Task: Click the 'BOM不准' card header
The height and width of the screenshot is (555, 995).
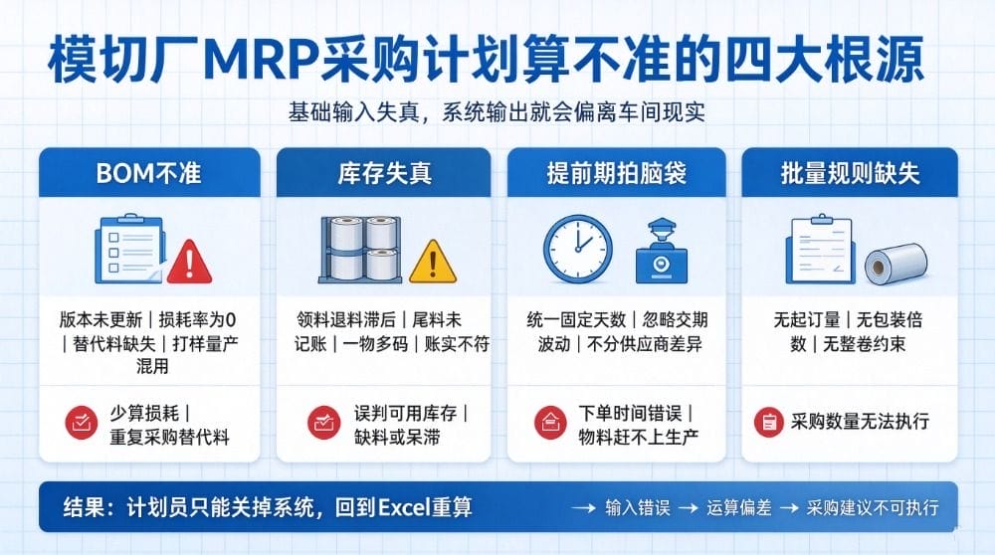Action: pos(149,172)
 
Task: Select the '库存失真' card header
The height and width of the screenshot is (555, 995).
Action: pos(383,172)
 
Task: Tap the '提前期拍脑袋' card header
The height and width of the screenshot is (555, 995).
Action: pos(616,172)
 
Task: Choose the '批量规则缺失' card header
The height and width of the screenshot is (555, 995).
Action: pos(850,172)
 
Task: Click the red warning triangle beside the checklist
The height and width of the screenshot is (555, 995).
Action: pos(189,263)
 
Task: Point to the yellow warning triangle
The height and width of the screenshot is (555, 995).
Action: pos(433,262)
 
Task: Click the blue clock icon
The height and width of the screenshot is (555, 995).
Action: pos(578,249)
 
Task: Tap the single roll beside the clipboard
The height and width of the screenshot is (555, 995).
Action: pos(895,263)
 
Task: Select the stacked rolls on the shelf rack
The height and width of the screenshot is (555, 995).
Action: pos(360,250)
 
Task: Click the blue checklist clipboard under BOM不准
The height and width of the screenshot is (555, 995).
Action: pos(129,249)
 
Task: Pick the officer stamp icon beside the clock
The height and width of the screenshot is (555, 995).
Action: pos(662,252)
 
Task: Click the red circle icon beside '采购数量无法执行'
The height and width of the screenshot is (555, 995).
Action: pos(769,422)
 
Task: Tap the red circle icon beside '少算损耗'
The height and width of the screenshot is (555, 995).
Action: pos(82,423)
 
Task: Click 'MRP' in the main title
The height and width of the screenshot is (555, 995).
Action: pos(261,61)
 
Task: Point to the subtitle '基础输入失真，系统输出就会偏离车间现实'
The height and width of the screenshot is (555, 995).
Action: pos(497,112)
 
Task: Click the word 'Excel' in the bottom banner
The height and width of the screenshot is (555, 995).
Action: pos(404,507)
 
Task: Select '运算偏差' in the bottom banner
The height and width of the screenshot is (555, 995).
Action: pos(738,507)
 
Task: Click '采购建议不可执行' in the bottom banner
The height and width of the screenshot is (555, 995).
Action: pos(873,507)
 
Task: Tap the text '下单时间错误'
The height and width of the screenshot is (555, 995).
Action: pos(630,414)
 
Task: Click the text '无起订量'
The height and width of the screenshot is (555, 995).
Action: pos(807,319)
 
